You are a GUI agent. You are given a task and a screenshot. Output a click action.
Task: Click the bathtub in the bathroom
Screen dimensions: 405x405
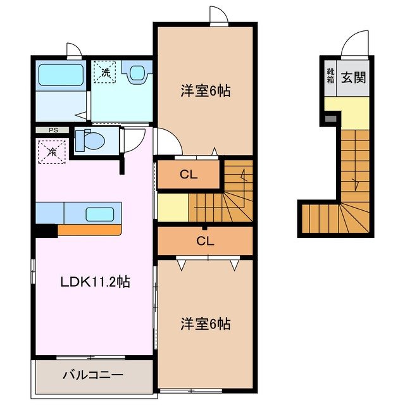point(61,76)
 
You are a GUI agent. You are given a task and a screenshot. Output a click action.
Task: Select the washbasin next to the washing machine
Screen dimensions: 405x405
point(137,74)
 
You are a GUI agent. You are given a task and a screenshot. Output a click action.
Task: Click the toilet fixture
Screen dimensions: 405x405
point(86,140)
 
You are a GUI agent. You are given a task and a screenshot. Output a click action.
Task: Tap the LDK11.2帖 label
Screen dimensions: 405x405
point(95,282)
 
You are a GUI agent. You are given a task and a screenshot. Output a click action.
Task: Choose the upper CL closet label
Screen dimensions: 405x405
point(187,175)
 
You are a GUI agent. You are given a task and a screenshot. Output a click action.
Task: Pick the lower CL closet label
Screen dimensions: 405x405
point(204,240)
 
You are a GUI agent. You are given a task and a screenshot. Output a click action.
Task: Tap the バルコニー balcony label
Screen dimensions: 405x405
point(92,375)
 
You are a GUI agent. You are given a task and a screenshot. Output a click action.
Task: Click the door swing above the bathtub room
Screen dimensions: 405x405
point(74,51)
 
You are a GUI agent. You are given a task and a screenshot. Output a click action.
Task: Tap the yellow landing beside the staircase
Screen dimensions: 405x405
point(173,208)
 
